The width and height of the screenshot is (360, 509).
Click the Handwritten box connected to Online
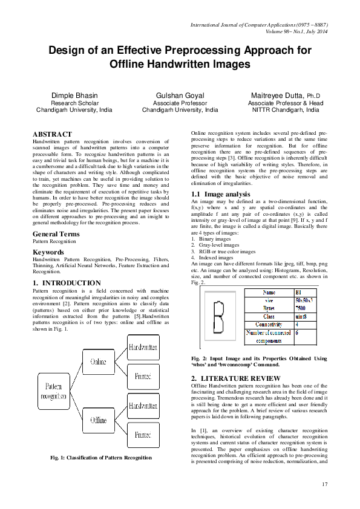[x=143, y=348]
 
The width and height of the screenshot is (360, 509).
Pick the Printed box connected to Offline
[x=143, y=434]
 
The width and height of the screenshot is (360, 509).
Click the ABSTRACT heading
[x=52, y=134]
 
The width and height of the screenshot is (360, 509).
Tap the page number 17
[x=324, y=484]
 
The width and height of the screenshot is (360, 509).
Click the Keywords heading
[x=48, y=251]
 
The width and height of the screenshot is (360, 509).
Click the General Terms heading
[x=56, y=233]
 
